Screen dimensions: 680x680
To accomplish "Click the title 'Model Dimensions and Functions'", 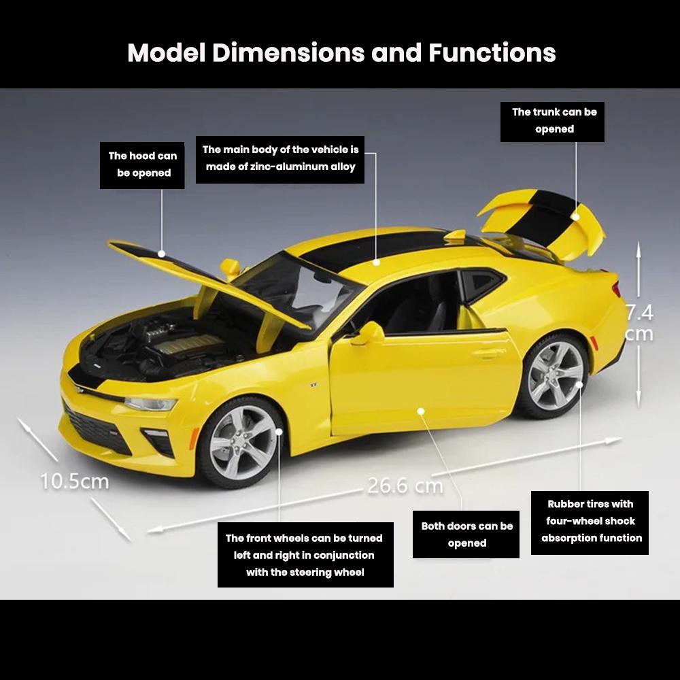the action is [341, 53].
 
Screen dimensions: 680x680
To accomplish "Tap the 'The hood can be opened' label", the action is [142, 165].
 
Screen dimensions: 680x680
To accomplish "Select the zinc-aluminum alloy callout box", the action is [280, 159].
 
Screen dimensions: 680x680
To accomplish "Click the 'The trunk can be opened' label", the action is [552, 122].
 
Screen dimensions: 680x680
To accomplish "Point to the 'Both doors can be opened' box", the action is [466, 534].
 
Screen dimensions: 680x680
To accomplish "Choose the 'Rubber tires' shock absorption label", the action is [590, 522].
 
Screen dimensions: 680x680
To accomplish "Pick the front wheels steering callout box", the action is [305, 555].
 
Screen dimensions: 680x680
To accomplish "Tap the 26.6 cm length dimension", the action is [405, 486].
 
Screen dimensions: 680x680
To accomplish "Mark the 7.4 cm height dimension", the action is [639, 324].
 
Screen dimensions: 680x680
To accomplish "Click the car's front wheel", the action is [242, 443].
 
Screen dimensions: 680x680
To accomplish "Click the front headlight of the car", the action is [151, 404].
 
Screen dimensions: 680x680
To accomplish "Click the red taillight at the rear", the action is [617, 289].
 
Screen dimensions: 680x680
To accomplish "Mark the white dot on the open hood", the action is [162, 254].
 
